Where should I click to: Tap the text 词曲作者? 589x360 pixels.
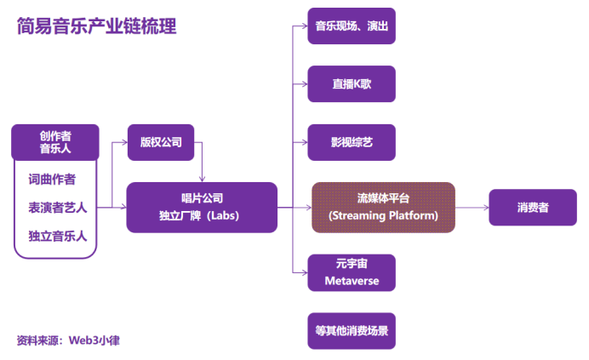[52, 180]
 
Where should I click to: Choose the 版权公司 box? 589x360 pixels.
[161, 142]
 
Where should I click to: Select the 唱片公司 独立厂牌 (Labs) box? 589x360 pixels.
[202, 207]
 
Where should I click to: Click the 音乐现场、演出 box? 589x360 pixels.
[351, 26]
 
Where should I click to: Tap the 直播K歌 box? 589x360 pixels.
[351, 83]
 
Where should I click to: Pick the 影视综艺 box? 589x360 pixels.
[351, 142]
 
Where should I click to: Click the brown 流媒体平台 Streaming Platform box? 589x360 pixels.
[383, 207]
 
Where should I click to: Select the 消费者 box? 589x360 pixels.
[533, 207]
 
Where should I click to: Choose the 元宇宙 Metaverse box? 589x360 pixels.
[351, 272]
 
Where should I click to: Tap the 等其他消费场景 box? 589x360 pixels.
[351, 331]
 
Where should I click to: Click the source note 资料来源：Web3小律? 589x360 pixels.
[68, 340]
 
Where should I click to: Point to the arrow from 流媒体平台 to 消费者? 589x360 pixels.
[472, 207]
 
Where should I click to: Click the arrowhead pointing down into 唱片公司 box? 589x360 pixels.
[202, 179]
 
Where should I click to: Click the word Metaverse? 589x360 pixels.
[351, 281]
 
